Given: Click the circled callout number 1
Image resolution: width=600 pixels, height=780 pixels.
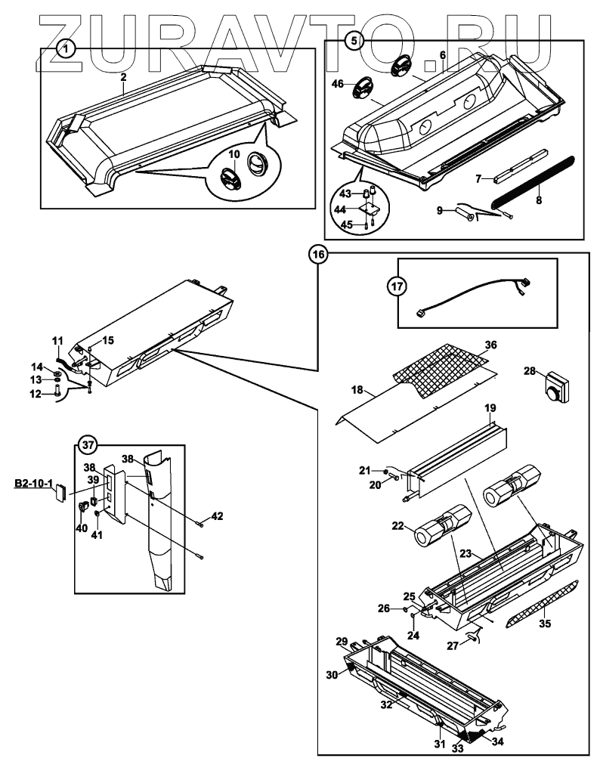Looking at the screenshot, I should point(67,48).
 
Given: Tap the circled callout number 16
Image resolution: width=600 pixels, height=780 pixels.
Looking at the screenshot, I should point(318,255).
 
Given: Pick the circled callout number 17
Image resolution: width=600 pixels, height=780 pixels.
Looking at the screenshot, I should point(397,286).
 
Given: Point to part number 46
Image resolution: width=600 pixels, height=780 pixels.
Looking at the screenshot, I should point(338,84).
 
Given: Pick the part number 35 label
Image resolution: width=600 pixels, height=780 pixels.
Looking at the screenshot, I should point(544,625).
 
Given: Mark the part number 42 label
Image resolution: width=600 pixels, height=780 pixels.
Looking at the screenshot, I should point(218,517).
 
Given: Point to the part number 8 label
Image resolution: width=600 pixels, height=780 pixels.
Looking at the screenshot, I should point(539,181).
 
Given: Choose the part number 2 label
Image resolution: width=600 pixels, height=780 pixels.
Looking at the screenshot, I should point(123,76).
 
